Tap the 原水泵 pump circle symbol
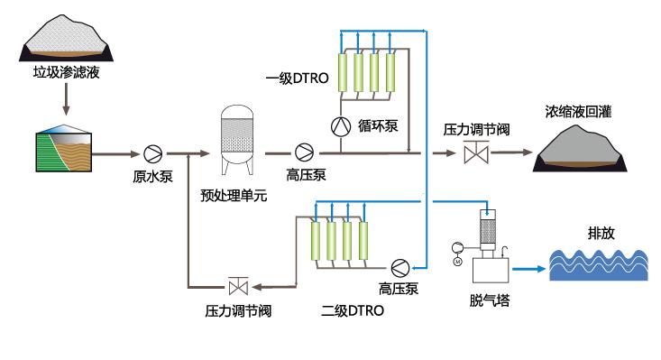pyautogui.click(x=151, y=153)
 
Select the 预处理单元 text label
pyautogui.click(x=234, y=196)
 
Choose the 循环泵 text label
pyautogui.click(x=378, y=125)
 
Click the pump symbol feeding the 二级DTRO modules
pyautogui.click(x=398, y=267)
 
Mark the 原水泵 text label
pyautogui.click(x=152, y=176)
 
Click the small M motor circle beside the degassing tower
pyautogui.click(x=457, y=262)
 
